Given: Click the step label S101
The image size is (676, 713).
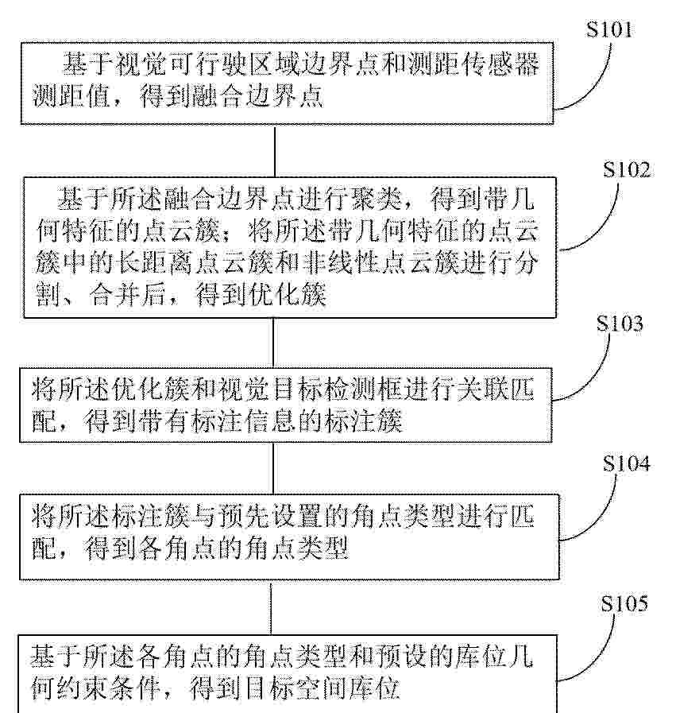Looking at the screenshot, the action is (608, 30).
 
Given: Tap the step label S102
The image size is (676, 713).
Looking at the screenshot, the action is (627, 169).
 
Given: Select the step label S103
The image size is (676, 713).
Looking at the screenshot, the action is (620, 324).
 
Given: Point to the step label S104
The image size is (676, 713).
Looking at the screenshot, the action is (627, 463).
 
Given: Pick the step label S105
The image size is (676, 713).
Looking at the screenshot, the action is (624, 604).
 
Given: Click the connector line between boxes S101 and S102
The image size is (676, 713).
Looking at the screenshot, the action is (274, 151).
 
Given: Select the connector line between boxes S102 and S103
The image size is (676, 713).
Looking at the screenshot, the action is (273, 343).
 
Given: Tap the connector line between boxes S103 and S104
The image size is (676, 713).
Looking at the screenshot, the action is (273, 468).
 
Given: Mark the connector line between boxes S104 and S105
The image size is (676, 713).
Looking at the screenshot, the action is (271, 608).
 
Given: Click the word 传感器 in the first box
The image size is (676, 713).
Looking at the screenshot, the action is (500, 64).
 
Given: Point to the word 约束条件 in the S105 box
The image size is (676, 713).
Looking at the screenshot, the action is (109, 688).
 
